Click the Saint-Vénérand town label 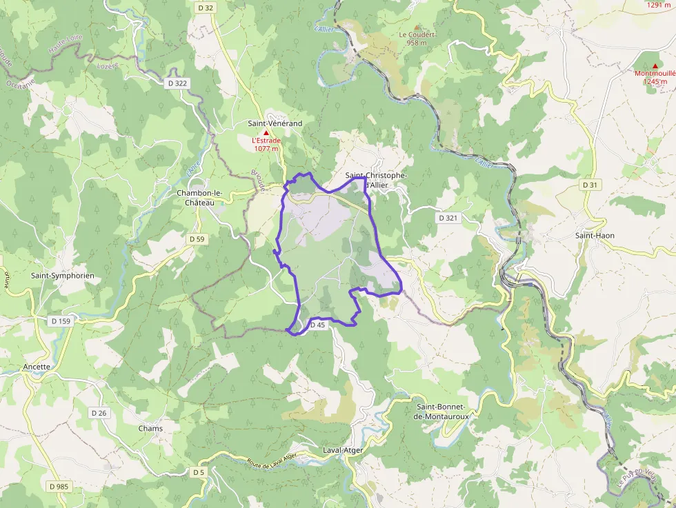point(275,123)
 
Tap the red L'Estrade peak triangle point(266,132)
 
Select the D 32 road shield point(206,8)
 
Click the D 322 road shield point(177,83)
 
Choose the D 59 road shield point(197,239)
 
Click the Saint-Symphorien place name point(62,276)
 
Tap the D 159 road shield point(61,321)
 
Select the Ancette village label point(37,367)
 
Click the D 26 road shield point(99,413)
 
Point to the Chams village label point(150,429)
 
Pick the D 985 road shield point(59,487)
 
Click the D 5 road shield point(199,472)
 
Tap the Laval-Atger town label point(343,450)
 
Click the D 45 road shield point(317,325)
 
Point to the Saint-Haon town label point(595,236)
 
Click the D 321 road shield point(448,218)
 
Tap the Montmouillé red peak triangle point(655,66)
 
